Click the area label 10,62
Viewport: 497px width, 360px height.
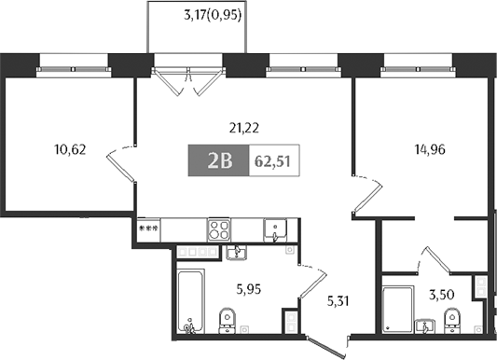[71, 147]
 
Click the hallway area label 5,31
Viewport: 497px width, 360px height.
[340, 300]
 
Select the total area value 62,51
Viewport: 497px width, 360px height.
[271, 161]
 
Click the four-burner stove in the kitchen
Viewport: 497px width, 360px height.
[219, 229]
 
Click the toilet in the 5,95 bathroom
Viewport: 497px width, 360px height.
[226, 319]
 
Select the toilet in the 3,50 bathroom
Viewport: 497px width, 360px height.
[454, 321]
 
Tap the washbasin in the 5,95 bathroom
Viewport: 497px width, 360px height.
[236, 251]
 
